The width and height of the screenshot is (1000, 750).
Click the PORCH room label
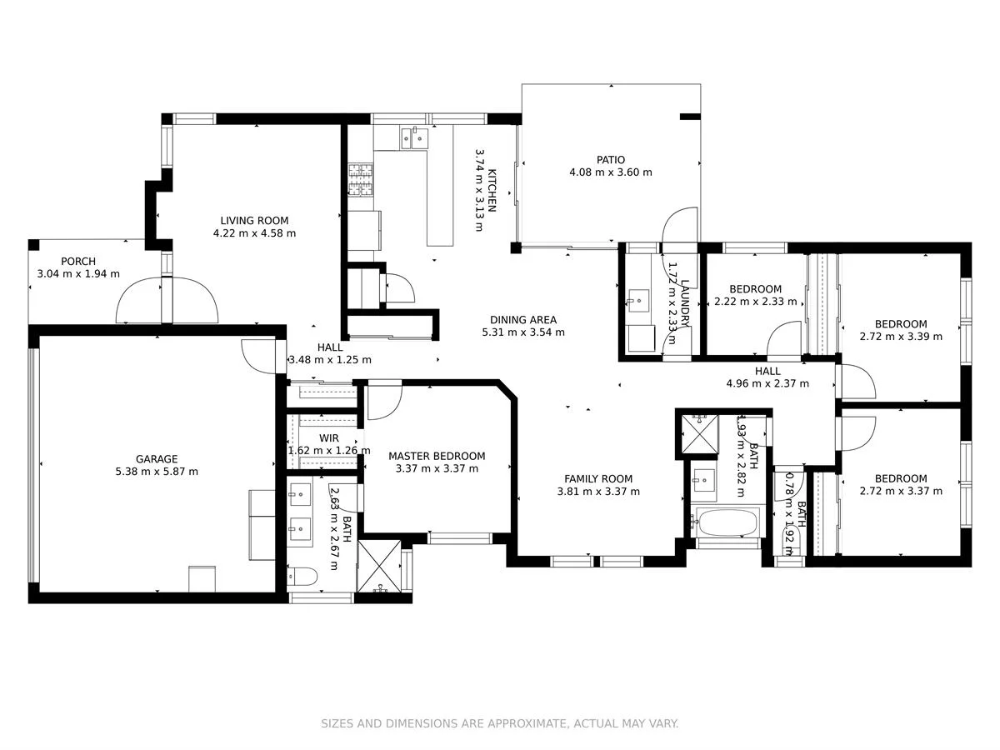point(78,262)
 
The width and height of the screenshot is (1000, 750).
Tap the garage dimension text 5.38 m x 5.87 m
point(157,472)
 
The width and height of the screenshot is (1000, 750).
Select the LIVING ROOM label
point(254,221)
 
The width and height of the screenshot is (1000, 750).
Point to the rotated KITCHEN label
point(492,190)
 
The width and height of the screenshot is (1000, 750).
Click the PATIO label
point(610,160)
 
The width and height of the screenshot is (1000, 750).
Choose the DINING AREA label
point(523,320)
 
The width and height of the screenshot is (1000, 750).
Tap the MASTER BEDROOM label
point(437,456)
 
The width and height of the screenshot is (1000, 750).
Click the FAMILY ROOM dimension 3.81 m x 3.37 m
point(598,492)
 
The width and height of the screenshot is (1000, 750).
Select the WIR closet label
point(329,438)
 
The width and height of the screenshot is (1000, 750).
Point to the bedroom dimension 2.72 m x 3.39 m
point(901,337)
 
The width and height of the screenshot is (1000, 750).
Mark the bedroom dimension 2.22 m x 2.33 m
point(755,302)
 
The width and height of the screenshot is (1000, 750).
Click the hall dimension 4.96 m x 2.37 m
point(767,384)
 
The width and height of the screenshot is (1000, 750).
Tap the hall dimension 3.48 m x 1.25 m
point(329,360)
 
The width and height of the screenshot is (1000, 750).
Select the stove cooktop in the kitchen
point(360,181)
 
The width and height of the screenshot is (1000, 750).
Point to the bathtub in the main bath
point(727,523)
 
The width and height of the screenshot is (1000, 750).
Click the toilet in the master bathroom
point(299,576)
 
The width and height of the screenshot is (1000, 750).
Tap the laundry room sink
point(640,297)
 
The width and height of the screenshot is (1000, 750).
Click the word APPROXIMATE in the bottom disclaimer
point(526,723)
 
